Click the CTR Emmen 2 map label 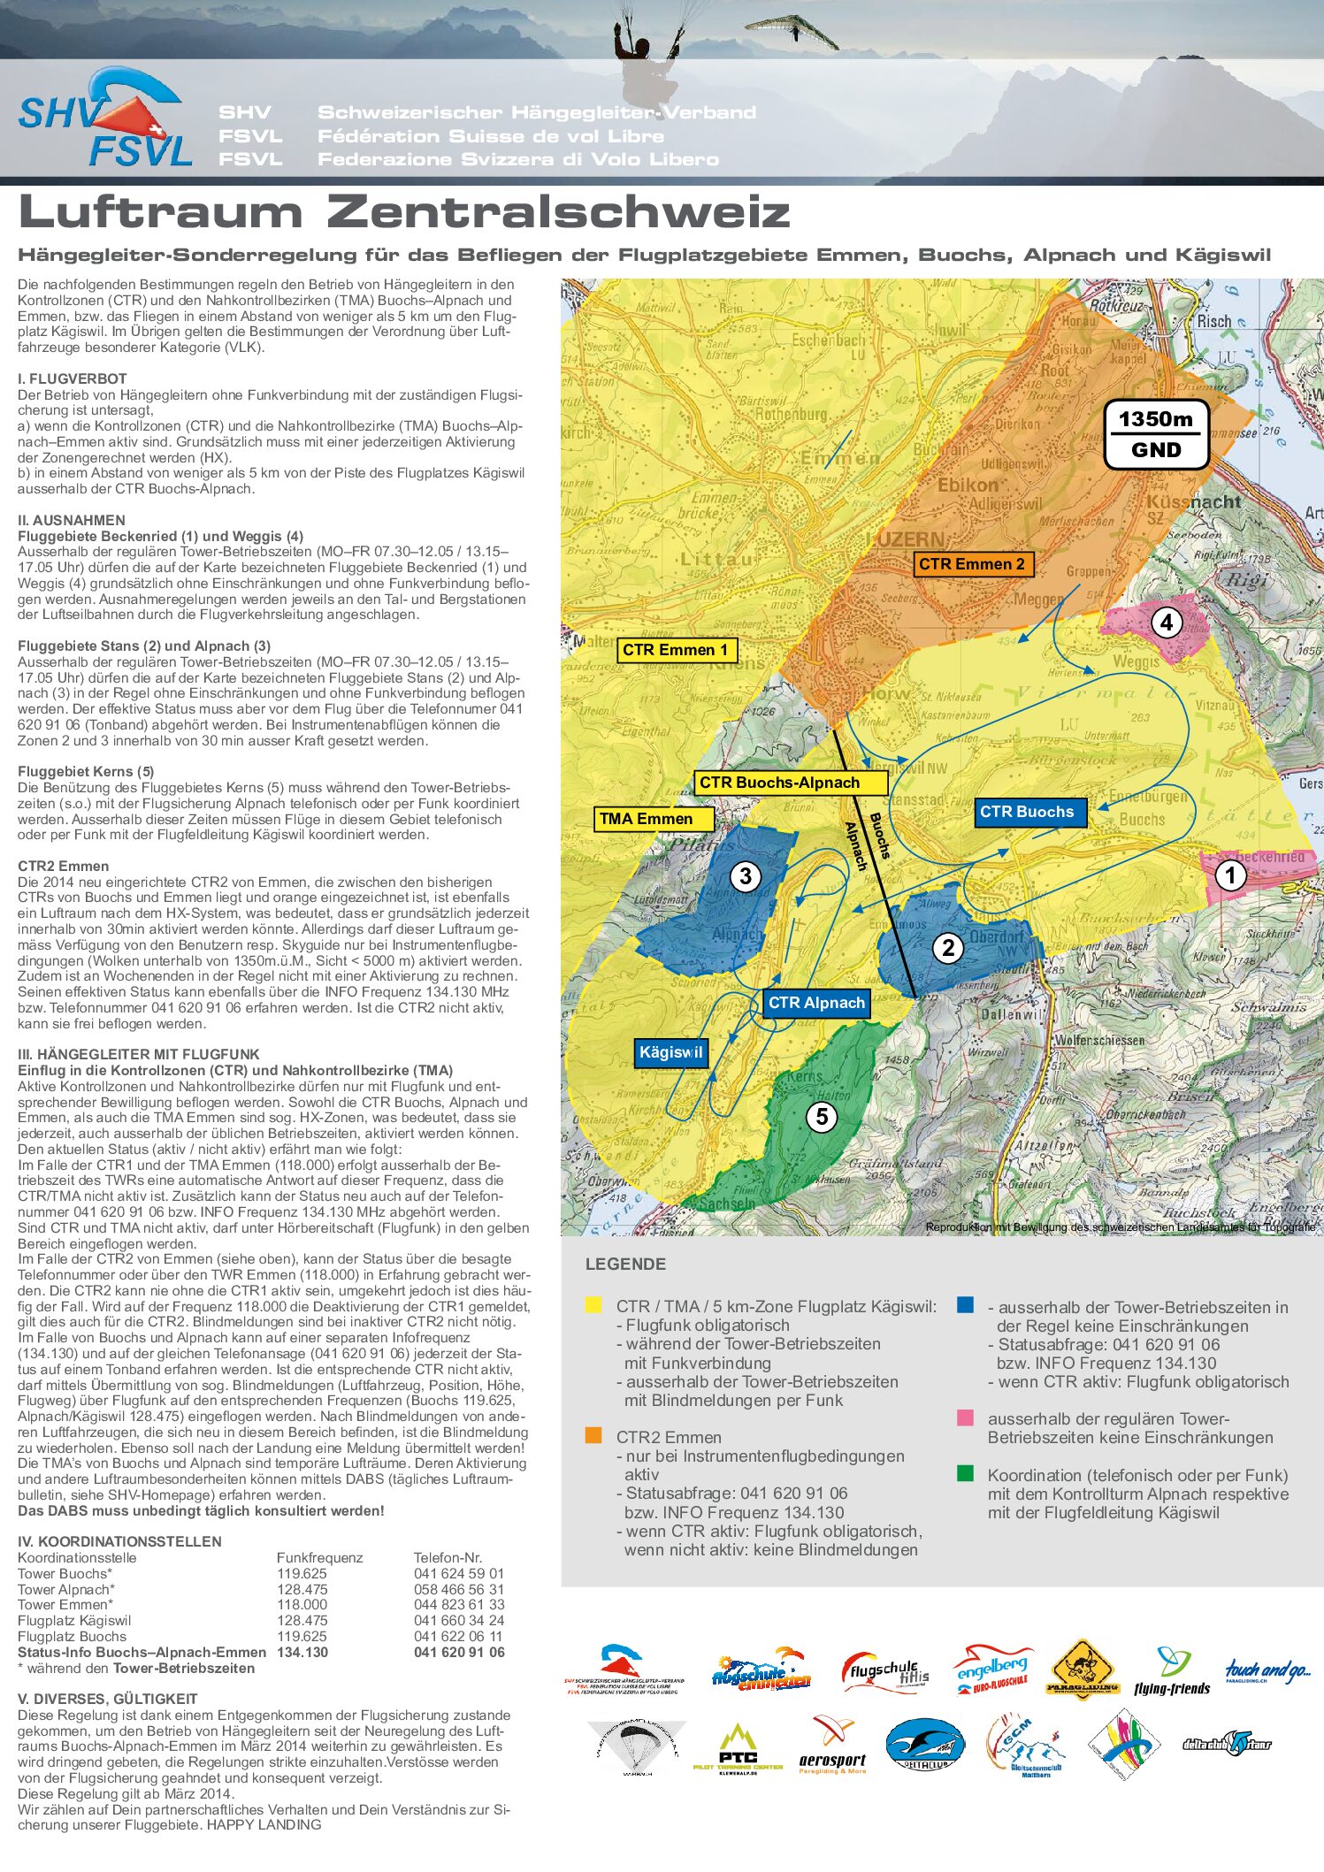coord(972,564)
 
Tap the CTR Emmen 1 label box coord(676,650)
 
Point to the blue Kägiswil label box coord(670,1052)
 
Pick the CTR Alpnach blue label coord(816,1003)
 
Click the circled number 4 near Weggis coord(1167,623)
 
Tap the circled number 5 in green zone coord(822,1117)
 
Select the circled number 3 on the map coord(746,876)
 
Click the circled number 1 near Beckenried coord(1229,875)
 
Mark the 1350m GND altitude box coord(1156,434)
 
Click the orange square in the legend coord(593,1435)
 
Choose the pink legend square coord(965,1417)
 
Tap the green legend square coord(965,1473)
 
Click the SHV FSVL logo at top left coord(104,119)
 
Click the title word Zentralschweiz coord(557,212)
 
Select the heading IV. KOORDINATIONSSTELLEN coord(119,1541)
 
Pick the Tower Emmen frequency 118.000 coord(302,1604)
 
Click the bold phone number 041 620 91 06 coord(459,1652)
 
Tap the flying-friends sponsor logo coord(1171,1670)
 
